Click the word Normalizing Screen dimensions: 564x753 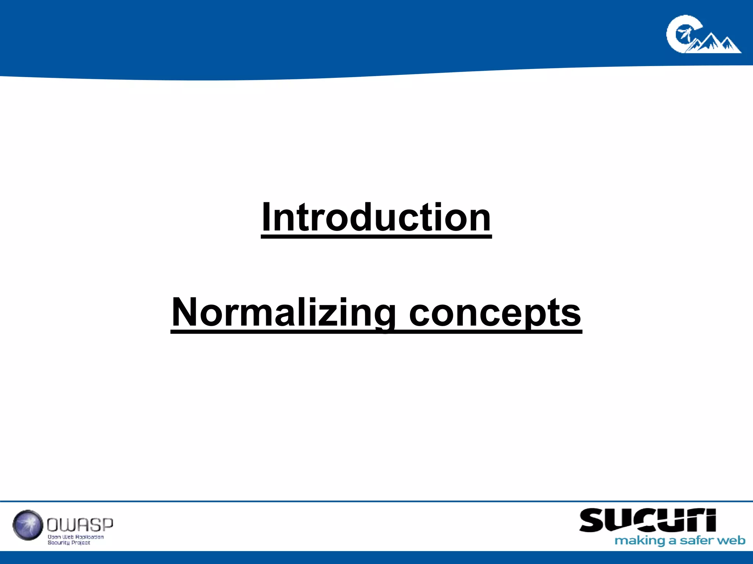click(283, 312)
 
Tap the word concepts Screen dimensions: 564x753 click(495, 313)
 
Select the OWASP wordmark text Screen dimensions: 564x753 click(80, 525)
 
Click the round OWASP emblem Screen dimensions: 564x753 click(28, 525)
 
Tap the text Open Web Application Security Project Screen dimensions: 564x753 click(75, 539)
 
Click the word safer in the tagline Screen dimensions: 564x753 click(696, 540)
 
